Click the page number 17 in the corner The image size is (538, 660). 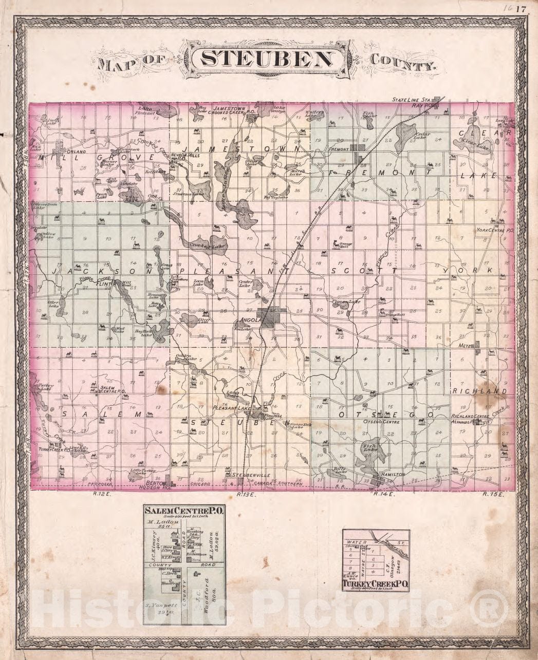point(522,9)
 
